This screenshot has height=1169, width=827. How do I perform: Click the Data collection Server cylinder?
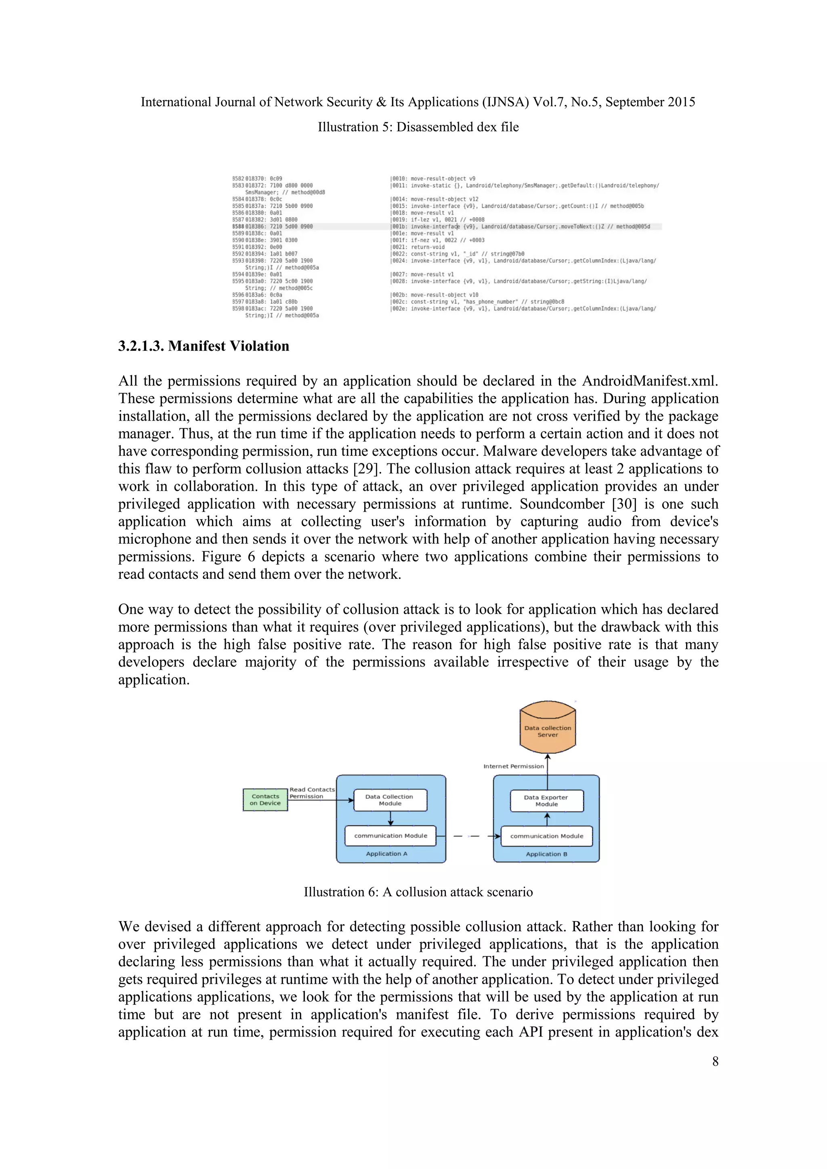coord(548,729)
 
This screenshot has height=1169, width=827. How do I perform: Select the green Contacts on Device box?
coord(265,799)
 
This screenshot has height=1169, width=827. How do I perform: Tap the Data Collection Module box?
coord(390,800)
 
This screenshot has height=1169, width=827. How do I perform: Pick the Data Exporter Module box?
coord(546,801)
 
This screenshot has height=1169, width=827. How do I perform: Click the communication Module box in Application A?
coord(390,836)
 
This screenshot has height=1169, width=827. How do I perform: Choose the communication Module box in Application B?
coord(546,836)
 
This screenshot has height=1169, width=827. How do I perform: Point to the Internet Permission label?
coord(513,766)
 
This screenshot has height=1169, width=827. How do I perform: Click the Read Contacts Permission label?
coord(312,793)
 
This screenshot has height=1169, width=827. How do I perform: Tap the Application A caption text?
coord(386,854)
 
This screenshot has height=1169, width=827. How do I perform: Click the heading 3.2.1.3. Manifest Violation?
coord(204,346)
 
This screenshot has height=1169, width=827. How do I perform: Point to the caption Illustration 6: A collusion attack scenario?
coord(418,892)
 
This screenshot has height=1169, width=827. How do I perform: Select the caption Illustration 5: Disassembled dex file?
coord(418,127)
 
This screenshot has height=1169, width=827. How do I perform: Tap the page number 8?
coord(715,1061)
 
